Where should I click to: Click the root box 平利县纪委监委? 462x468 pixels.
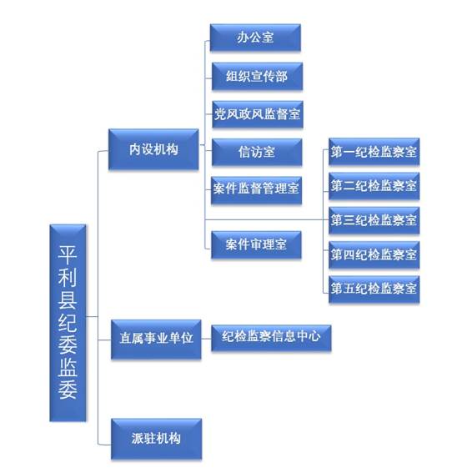coord(68,323)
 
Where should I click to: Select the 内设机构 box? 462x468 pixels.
coord(153,149)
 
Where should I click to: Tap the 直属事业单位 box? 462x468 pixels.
coord(156,339)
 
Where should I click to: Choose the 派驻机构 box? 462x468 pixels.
coord(157,439)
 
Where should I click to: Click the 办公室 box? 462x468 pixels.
coord(255,38)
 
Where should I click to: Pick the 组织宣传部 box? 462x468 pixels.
coord(257,76)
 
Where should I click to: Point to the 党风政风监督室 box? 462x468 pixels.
coord(258,114)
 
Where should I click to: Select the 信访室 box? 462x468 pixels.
coord(257,152)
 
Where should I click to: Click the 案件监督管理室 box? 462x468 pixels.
coord(256,190)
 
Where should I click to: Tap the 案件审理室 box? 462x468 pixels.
coord(256,244)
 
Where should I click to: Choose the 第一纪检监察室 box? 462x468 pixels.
coord(374,151)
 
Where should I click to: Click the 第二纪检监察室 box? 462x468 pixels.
coord(374,186)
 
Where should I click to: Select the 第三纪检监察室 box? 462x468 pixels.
coord(374,220)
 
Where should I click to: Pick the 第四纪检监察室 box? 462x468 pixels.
coord(374,254)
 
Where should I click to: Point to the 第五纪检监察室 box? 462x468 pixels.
coord(374,289)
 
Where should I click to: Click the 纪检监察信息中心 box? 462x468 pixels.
coord(271,338)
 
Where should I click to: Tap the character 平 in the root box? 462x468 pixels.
coord(68,254)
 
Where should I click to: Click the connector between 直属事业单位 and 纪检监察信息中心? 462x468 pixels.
coord(206,339)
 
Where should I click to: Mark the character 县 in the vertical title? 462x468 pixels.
coord(68,299)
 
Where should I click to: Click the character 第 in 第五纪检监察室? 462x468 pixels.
coord(337,289)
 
